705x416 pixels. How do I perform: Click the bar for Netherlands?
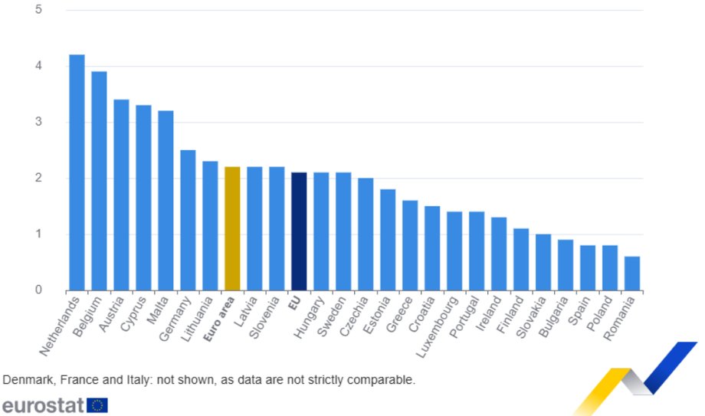(77, 172)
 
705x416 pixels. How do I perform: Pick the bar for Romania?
(632, 274)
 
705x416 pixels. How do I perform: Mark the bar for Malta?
(166, 201)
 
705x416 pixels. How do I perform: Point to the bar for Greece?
(410, 245)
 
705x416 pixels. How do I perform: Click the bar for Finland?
(521, 260)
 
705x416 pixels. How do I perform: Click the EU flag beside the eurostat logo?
(97, 405)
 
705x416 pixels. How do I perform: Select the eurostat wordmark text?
(43, 405)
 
